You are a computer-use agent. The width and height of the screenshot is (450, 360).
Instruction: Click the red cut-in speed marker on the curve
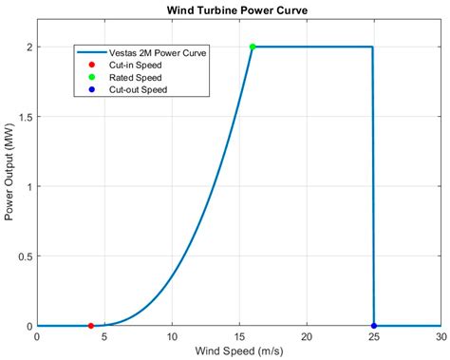[90, 326]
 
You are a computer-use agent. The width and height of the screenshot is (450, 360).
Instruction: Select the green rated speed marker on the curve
[253, 47]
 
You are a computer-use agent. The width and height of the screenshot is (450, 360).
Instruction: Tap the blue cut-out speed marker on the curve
[374, 326]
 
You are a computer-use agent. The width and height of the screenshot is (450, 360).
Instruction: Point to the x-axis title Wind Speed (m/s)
[239, 351]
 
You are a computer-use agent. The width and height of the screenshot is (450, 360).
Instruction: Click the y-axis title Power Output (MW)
[10, 186]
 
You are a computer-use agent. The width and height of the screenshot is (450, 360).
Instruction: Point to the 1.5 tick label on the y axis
[23, 117]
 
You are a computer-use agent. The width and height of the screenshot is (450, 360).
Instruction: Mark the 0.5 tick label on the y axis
[23, 256]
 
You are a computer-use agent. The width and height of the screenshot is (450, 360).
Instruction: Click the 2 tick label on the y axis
[28, 47]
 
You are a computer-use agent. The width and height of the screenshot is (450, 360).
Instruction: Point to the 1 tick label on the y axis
[28, 186]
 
